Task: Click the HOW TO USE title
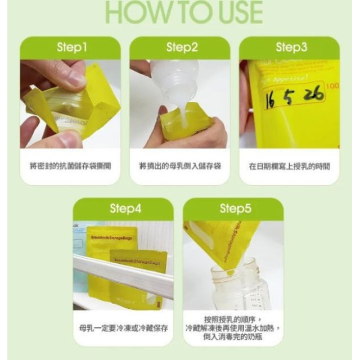[183, 12]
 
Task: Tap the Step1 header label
[70, 48]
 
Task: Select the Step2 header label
[182, 48]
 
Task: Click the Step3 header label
[291, 48]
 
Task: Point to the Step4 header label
[125, 209]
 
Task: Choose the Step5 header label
[235, 209]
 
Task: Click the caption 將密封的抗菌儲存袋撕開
[70, 166]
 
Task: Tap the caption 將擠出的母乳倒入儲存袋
[180, 166]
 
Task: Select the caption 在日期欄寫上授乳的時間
[289, 166]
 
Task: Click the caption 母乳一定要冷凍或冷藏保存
[125, 327]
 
